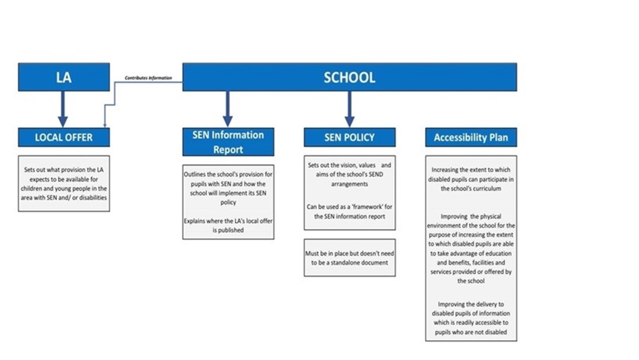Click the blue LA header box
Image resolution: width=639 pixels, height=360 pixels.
point(63,77)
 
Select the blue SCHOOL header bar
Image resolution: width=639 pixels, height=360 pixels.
point(349,77)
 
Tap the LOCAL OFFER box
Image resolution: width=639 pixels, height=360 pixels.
point(63,137)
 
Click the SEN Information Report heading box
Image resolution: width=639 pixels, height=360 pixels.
point(228,142)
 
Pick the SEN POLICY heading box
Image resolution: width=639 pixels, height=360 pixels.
point(349,137)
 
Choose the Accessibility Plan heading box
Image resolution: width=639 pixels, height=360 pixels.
point(471,137)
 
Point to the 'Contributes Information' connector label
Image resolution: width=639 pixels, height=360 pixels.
point(148,78)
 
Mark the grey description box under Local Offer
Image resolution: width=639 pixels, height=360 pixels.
point(63,183)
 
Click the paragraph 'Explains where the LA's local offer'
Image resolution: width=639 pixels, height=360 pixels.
point(228,225)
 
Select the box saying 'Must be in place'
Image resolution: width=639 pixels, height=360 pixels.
point(349,258)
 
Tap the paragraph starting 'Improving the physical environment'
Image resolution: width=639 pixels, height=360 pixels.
point(471,249)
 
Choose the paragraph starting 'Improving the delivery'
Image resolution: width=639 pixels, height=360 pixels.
point(471,318)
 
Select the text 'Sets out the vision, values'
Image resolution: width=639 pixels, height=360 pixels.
point(342,165)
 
